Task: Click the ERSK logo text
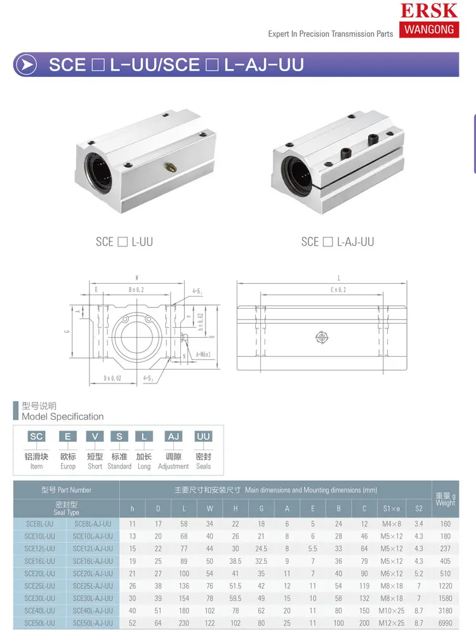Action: click(428, 10)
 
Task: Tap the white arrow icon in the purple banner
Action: click(25, 65)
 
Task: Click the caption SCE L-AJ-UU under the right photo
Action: click(337, 242)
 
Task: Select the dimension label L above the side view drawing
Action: click(338, 278)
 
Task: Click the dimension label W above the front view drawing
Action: click(137, 277)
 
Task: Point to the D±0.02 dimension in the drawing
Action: click(112, 378)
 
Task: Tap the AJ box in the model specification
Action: click(173, 436)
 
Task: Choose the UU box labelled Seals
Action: click(203, 436)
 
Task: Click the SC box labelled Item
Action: click(36, 436)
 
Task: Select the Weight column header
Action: click(445, 499)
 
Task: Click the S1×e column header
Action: click(392, 509)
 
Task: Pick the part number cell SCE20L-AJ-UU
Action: click(93, 573)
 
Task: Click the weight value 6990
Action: click(445, 623)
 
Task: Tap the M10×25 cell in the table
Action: click(392, 610)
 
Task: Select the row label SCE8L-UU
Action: click(39, 524)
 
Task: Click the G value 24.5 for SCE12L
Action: click(261, 549)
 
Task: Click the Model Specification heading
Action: click(62, 417)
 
